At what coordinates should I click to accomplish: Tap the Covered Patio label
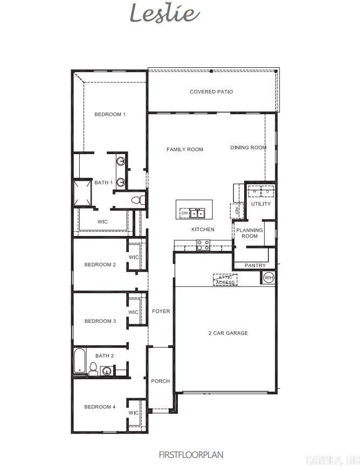click(x=211, y=92)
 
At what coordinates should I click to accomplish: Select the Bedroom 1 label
click(x=110, y=114)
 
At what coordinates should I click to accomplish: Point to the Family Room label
click(x=185, y=149)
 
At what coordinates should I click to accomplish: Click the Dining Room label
click(x=248, y=148)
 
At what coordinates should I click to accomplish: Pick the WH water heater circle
click(x=268, y=277)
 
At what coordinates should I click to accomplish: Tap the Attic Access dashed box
click(x=225, y=280)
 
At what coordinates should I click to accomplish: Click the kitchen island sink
click(x=197, y=213)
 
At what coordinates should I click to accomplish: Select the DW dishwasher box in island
click(x=184, y=213)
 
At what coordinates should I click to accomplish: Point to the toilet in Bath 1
click(x=139, y=200)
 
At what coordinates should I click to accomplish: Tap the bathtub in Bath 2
click(x=80, y=361)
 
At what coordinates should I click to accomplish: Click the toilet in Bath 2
click(x=93, y=369)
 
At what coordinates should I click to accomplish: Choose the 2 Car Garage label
click(x=228, y=333)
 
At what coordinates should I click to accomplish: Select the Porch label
click(x=160, y=381)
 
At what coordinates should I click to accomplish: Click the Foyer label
click(x=161, y=311)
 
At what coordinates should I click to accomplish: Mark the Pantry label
click(x=255, y=266)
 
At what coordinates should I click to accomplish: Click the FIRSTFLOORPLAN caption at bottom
click(x=191, y=455)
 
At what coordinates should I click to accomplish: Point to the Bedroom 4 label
click(x=100, y=407)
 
